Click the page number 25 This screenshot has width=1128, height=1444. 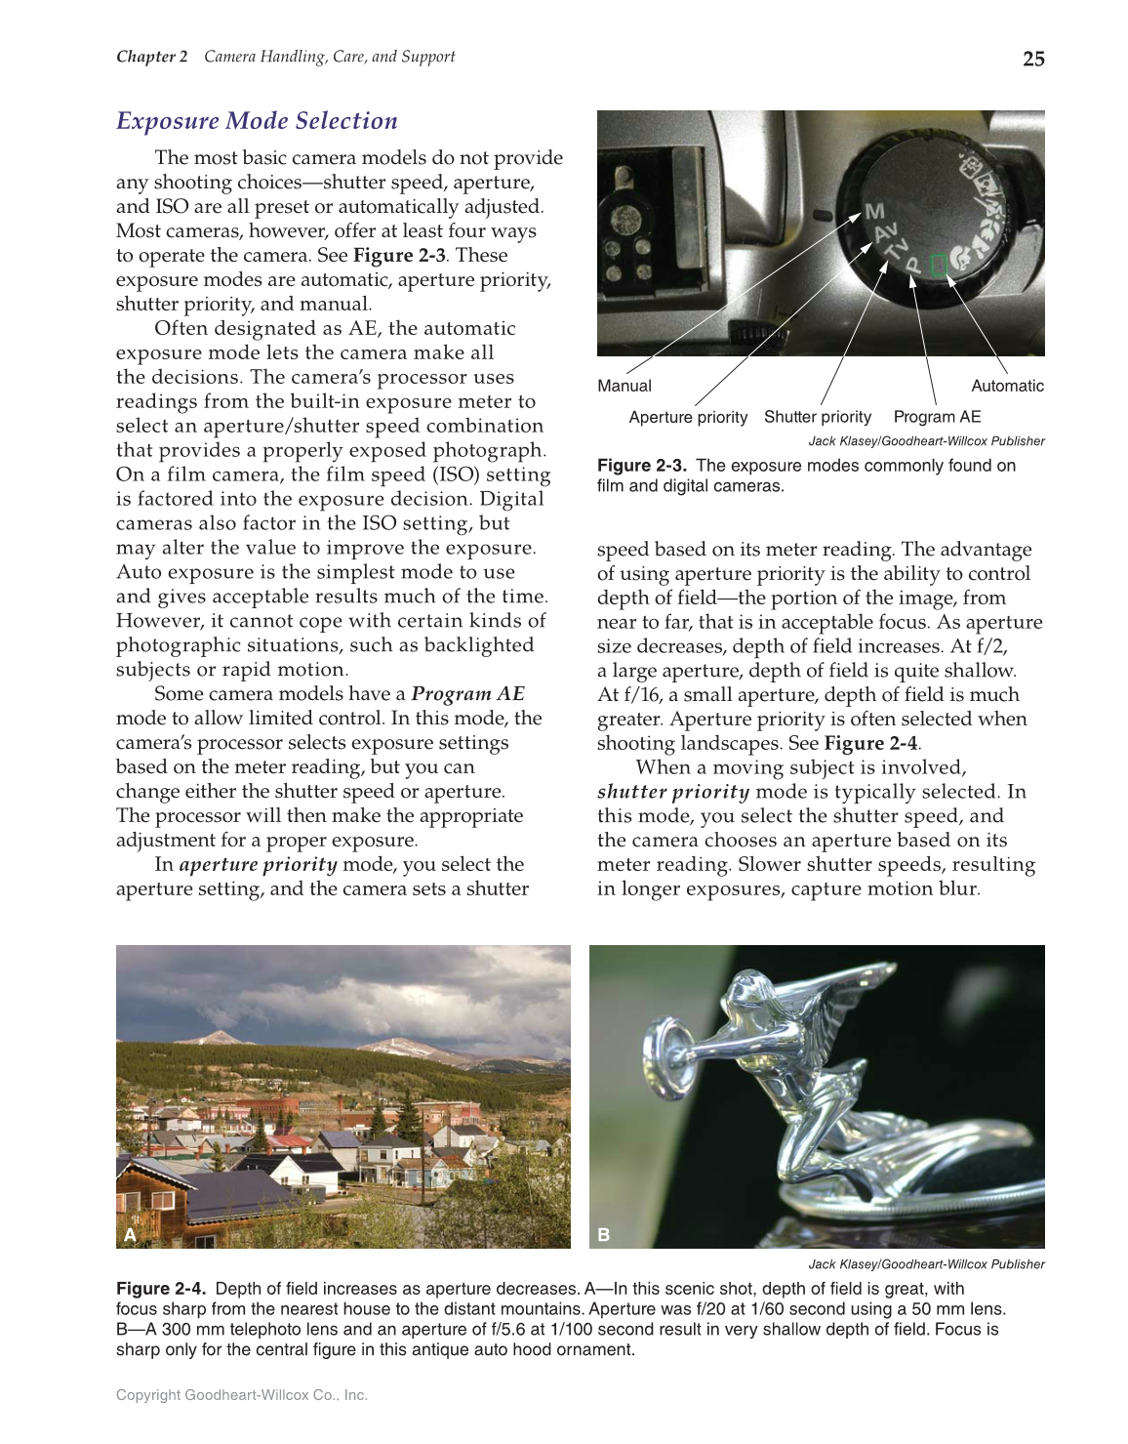(1032, 59)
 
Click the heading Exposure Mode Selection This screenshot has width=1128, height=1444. (257, 121)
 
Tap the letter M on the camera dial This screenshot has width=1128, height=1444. (874, 211)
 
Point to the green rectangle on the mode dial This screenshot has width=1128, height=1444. (939, 265)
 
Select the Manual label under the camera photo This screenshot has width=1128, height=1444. (624, 386)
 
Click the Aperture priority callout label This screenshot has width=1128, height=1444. (688, 417)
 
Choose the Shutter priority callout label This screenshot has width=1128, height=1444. (817, 417)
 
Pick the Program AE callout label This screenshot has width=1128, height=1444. (937, 417)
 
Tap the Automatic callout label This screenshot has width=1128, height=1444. (1007, 386)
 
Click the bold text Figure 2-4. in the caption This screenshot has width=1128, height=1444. (161, 1289)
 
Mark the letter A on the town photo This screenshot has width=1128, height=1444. (130, 1235)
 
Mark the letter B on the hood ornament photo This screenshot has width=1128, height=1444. (603, 1235)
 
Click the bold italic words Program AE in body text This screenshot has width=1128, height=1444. (467, 694)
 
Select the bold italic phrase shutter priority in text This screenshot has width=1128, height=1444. (673, 792)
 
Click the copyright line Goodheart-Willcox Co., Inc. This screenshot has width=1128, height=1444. (241, 1395)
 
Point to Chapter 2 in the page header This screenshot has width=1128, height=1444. (151, 57)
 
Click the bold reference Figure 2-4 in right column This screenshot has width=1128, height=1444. (870, 743)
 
